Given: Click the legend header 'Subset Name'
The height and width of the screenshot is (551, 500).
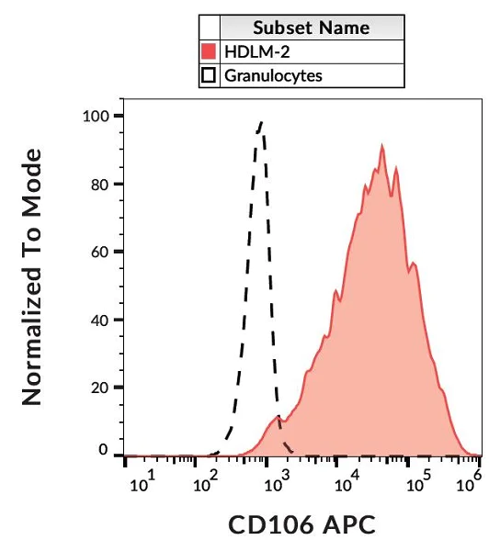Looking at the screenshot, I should [312, 28].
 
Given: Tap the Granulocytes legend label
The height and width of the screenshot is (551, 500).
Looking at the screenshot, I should [273, 75].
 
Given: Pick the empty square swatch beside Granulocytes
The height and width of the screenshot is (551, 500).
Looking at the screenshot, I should [209, 75].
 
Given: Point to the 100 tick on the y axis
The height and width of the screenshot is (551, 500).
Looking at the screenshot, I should [94, 117].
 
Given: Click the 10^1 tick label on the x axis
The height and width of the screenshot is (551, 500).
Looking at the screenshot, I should [143, 482].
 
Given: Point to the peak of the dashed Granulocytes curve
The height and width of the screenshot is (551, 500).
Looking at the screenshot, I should [261, 121].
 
